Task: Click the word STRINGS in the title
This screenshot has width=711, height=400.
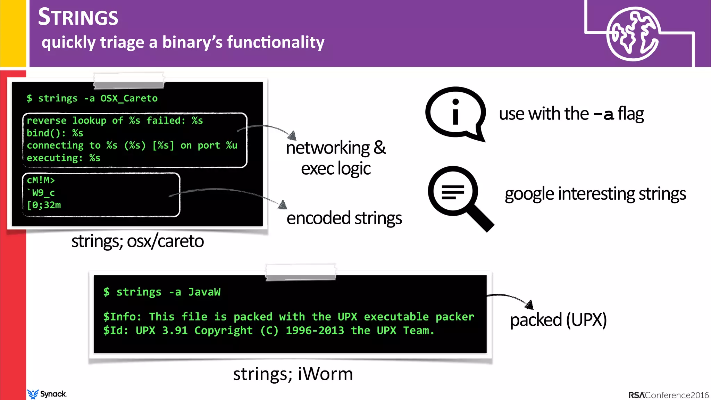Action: click(78, 17)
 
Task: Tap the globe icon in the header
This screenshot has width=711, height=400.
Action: click(633, 34)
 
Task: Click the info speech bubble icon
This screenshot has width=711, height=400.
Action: click(455, 113)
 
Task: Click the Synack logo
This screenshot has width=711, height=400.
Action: click(47, 394)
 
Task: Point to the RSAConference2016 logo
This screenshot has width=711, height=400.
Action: click(668, 395)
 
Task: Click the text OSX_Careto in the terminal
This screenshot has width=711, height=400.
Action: click(129, 99)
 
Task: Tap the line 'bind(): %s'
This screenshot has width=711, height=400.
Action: click(55, 133)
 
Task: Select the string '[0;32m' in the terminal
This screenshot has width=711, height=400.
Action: click(44, 205)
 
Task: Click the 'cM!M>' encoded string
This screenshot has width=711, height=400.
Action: click(41, 180)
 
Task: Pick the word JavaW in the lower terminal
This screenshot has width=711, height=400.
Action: click(204, 292)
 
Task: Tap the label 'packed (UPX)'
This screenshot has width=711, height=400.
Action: click(558, 320)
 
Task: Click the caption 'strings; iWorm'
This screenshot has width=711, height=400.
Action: click(293, 374)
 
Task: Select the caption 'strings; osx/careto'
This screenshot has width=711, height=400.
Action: click(137, 241)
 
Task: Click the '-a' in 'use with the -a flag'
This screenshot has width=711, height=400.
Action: click(603, 114)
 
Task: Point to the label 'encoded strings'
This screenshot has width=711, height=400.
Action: click(344, 218)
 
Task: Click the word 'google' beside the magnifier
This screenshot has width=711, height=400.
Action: click(529, 194)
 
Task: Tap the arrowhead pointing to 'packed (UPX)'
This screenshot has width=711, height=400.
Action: click(529, 305)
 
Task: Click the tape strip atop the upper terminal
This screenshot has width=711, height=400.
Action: click(128, 81)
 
